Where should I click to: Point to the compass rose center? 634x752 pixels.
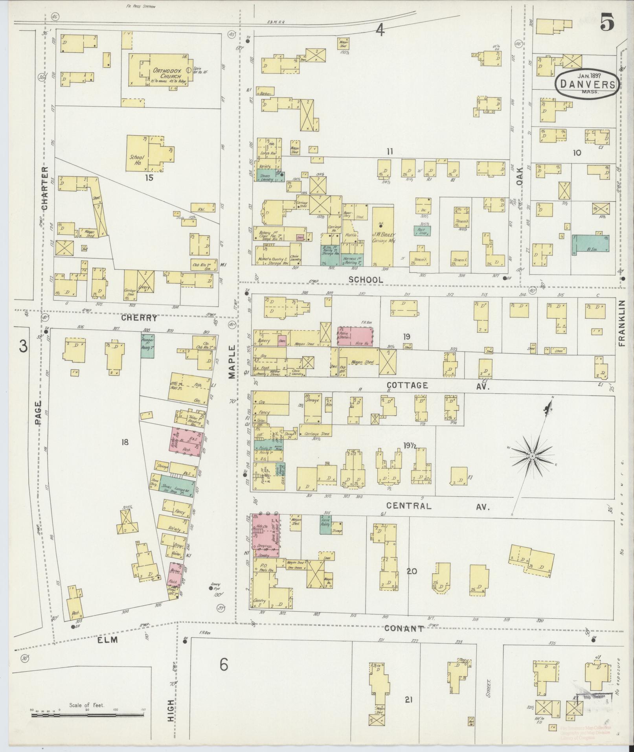532,456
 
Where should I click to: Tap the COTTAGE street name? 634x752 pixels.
408,385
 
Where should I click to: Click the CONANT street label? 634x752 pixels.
404,628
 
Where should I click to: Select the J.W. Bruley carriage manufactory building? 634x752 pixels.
382,236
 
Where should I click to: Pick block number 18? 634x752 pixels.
125,443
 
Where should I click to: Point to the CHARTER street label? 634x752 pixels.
44,188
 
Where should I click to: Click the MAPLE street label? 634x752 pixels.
232,362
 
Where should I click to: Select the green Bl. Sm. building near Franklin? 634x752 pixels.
591,243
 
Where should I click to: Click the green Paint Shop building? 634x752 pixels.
422,230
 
